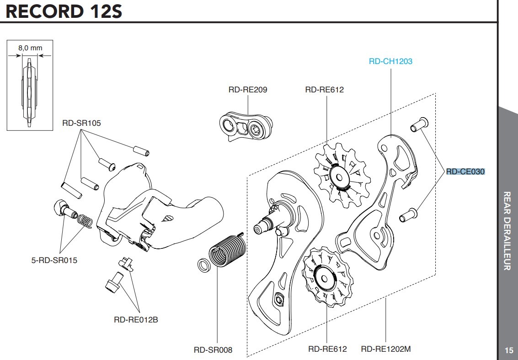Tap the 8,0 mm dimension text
(x=30, y=48)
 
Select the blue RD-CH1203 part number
(x=390, y=61)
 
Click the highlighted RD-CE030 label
(x=465, y=172)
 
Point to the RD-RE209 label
(x=248, y=90)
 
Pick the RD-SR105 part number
(x=81, y=123)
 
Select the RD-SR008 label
(x=213, y=350)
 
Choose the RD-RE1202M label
(x=385, y=349)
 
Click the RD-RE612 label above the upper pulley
(x=324, y=90)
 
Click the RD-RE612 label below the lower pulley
(x=327, y=349)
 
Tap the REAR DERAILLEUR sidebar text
(x=507, y=231)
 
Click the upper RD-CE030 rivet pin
(x=418, y=124)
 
